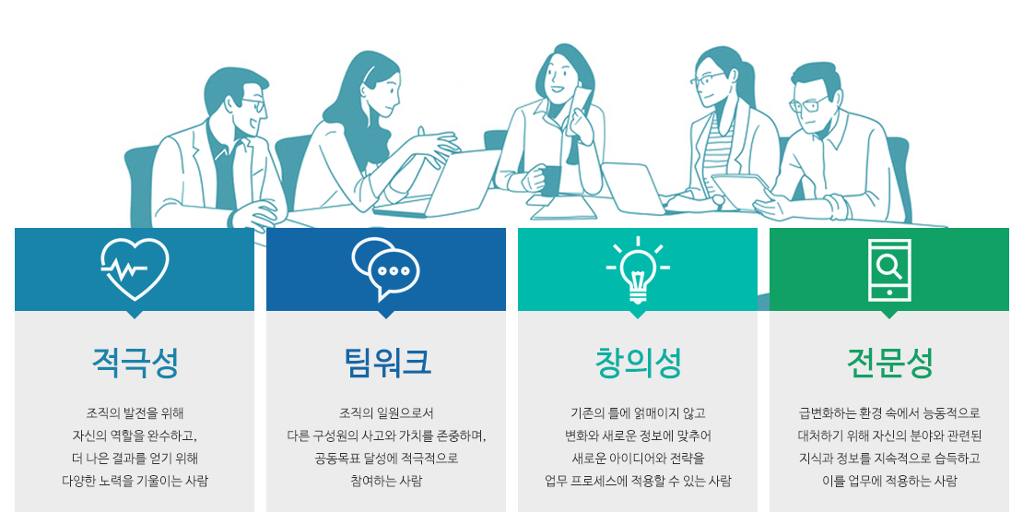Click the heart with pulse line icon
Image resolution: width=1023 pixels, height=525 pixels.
point(135,268)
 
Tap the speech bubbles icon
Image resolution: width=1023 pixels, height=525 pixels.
point(385,268)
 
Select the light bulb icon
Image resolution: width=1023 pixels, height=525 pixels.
point(638,269)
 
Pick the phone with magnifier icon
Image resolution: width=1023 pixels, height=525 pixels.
point(889,269)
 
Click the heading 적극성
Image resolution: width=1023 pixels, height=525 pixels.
point(135,363)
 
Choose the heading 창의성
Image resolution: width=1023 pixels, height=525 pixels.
point(638,363)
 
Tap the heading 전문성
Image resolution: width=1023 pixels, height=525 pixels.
point(890,363)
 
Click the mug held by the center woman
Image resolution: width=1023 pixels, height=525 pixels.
point(549,179)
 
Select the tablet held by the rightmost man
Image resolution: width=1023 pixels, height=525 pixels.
point(742,191)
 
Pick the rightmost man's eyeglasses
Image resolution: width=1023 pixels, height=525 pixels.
point(806,104)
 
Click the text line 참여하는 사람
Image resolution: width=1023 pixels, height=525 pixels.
point(386,482)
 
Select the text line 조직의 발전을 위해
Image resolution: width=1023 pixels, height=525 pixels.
point(135,412)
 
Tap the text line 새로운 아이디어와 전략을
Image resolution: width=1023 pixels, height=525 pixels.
point(638,459)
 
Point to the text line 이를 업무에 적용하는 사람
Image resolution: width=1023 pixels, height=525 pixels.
point(890,482)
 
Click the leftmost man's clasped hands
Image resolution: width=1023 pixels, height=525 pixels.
point(256,213)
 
